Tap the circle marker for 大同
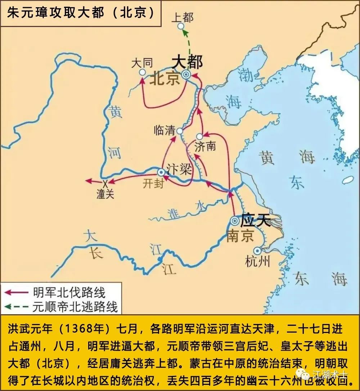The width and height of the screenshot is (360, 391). (143, 72)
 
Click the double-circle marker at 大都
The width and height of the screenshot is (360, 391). (186, 75)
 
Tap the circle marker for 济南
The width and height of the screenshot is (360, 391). (200, 137)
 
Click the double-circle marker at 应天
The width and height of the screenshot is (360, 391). (235, 221)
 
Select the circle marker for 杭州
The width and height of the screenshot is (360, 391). (257, 250)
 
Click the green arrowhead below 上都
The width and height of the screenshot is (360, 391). (185, 32)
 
